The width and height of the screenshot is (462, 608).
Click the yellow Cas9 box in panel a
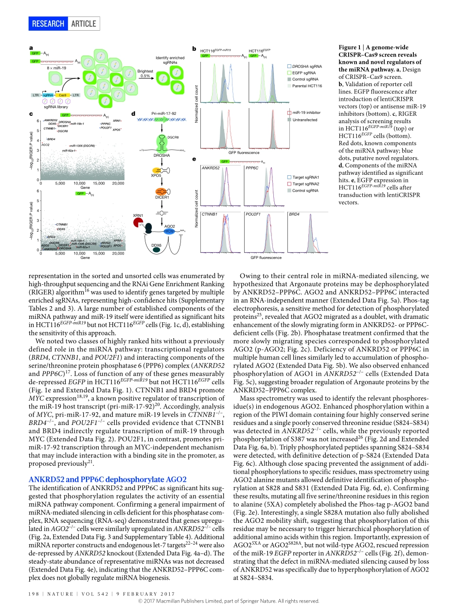(63, 95)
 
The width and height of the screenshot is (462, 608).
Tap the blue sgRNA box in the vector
(48, 95)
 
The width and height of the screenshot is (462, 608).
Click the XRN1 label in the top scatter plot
(117, 120)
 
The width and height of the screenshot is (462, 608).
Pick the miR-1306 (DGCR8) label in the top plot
(82, 146)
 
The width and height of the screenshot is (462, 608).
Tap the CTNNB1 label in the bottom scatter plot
(61, 224)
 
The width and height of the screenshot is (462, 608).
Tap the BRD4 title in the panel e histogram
(295, 214)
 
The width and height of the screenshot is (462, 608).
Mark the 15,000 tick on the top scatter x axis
(98, 184)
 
